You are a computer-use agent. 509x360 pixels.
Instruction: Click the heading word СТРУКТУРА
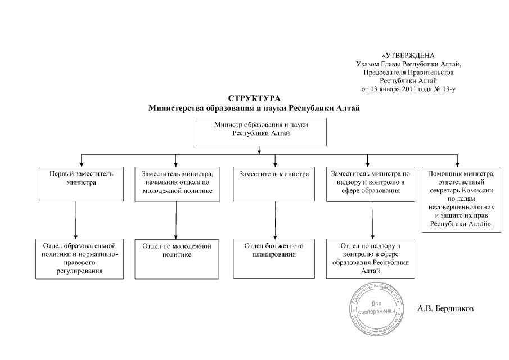tap(254, 99)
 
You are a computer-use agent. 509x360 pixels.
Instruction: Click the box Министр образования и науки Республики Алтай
tap(261, 132)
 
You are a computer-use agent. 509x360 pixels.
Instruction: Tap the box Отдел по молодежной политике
tap(176, 259)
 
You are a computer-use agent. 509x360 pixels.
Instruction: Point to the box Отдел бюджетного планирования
tap(274, 259)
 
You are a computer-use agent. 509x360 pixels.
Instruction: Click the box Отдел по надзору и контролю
tap(372, 259)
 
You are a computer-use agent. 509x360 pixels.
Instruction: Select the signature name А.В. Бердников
tap(446, 308)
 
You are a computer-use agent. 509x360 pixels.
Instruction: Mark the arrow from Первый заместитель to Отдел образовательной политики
tap(76, 220)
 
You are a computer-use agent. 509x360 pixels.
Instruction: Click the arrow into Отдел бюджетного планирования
tap(275, 220)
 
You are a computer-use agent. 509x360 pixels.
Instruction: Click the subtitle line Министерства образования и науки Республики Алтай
tap(254, 108)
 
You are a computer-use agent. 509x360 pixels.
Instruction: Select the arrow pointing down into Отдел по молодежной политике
tap(176, 220)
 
